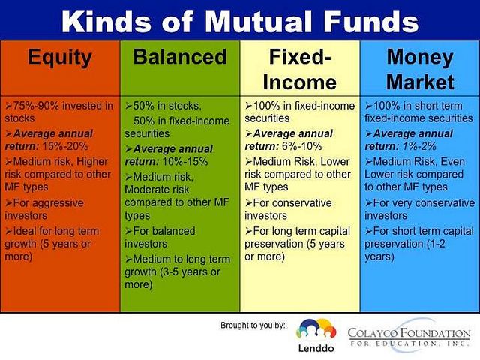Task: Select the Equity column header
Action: pyautogui.click(x=60, y=58)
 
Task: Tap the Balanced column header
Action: pyautogui.click(x=180, y=57)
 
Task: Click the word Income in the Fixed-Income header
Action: pyautogui.click(x=300, y=82)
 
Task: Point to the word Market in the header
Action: pyautogui.click(x=420, y=82)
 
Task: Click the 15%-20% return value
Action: pyautogui.click(x=65, y=146)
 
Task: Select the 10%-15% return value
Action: pyautogui.click(x=185, y=161)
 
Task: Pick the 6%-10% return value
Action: pyautogui.click(x=301, y=146)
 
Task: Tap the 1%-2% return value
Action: pyautogui.click(x=419, y=146)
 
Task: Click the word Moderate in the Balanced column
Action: pyautogui.click(x=143, y=190)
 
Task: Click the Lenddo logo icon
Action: pyautogui.click(x=316, y=330)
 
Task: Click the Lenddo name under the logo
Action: pyautogui.click(x=316, y=348)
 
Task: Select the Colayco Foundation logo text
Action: pyautogui.click(x=409, y=336)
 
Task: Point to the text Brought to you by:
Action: pyautogui.click(x=253, y=325)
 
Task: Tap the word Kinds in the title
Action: pyautogui.click(x=106, y=22)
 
